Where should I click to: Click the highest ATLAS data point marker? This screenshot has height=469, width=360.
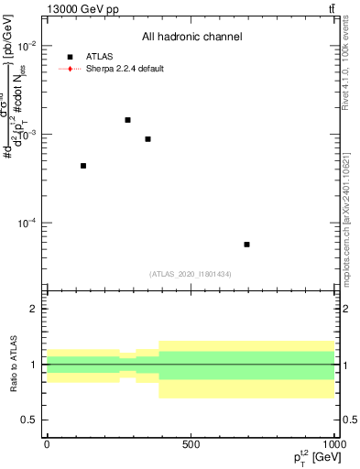click(x=127, y=120)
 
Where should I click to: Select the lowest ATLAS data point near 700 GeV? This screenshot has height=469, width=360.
click(x=247, y=245)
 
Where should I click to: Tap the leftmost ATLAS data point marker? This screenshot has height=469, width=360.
click(x=83, y=166)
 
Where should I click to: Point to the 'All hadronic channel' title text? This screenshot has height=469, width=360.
click(x=191, y=37)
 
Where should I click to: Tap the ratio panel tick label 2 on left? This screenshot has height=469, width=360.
click(x=33, y=310)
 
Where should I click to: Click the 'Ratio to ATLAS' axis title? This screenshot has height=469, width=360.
click(x=13, y=365)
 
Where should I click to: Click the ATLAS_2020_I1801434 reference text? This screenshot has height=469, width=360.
click(x=191, y=274)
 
